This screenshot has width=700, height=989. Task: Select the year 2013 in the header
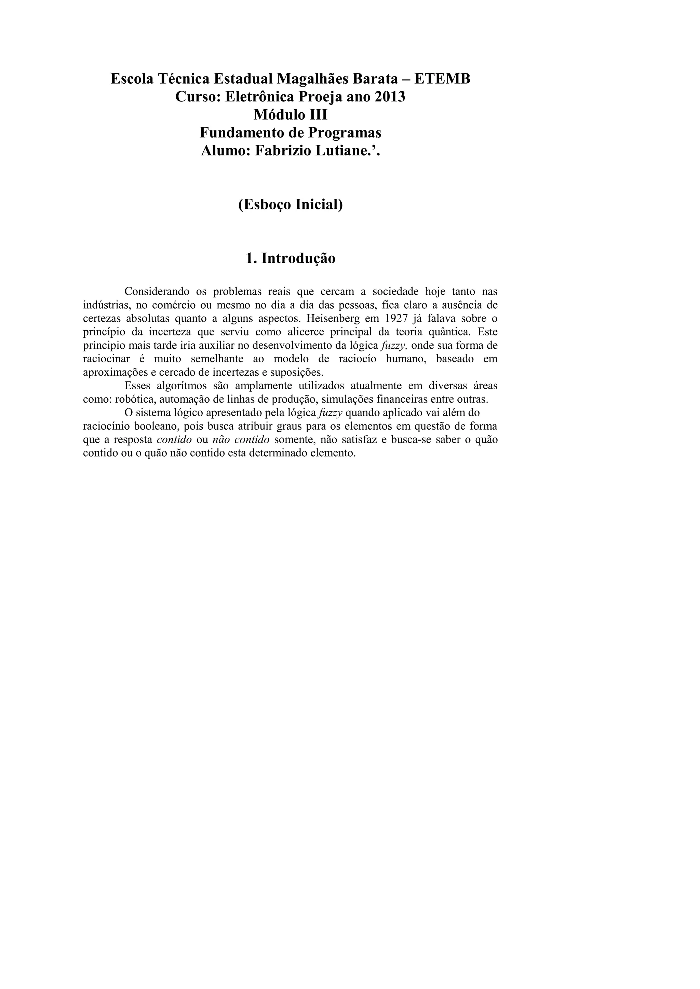[390, 97]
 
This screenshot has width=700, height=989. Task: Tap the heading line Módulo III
[290, 115]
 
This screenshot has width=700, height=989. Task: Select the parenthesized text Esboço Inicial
[290, 204]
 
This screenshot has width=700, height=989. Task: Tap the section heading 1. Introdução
[290, 259]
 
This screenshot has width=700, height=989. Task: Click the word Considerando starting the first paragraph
[157, 292]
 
